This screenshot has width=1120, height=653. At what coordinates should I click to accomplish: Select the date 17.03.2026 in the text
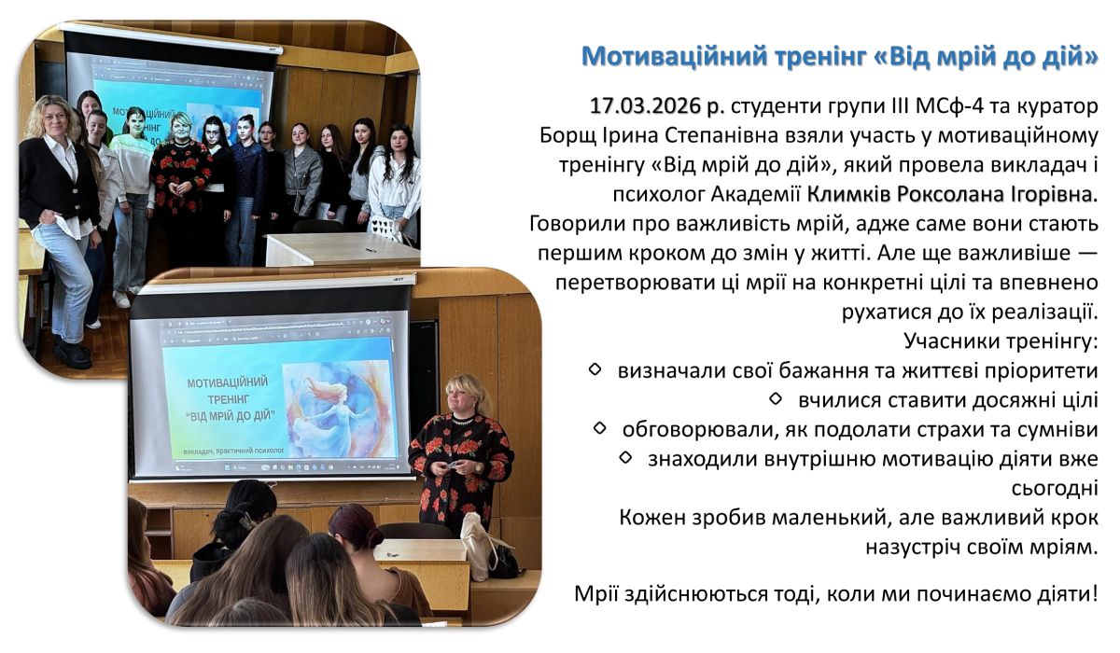click(x=646, y=106)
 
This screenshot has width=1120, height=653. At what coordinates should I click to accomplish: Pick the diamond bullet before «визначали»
click(x=595, y=369)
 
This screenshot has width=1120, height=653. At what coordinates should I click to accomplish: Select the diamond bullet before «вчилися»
click(x=776, y=398)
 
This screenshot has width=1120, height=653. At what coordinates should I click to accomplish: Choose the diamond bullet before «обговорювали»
click(x=599, y=427)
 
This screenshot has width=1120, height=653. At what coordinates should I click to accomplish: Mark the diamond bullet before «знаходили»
click(x=625, y=457)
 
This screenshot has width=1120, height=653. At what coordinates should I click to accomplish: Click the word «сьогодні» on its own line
click(x=1055, y=488)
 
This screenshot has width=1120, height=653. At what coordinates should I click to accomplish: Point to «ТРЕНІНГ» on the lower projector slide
click(x=229, y=399)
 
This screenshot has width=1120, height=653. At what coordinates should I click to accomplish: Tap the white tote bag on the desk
click(x=478, y=547)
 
